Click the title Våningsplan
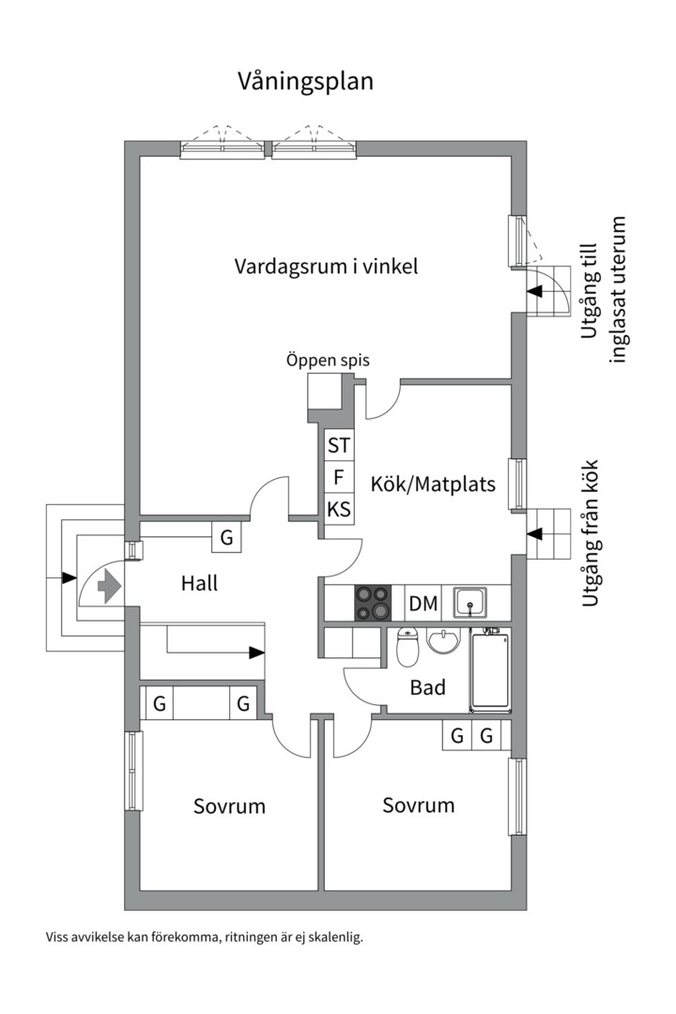pyautogui.click(x=305, y=82)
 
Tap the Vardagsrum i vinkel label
pyautogui.click(x=326, y=267)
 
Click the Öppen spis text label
pyautogui.click(x=328, y=360)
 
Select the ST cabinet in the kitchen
pyautogui.click(x=339, y=444)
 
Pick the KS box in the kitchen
pyautogui.click(x=339, y=510)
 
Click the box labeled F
pyautogui.click(x=339, y=477)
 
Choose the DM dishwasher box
pyautogui.click(x=423, y=603)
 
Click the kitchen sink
pyautogui.click(x=469, y=601)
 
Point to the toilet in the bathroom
pyautogui.click(x=407, y=646)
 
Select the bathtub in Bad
pyautogui.click(x=489, y=669)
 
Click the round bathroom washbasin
pyautogui.click(x=442, y=642)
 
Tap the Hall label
pyautogui.click(x=199, y=584)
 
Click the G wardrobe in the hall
pyautogui.click(x=226, y=538)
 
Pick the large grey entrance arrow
pyautogui.click(x=109, y=587)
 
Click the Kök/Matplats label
pyautogui.click(x=433, y=485)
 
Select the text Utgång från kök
pyautogui.click(x=591, y=532)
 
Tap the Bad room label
pyautogui.click(x=428, y=688)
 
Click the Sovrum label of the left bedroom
pyautogui.click(x=229, y=807)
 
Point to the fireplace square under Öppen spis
pyautogui.click(x=325, y=391)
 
